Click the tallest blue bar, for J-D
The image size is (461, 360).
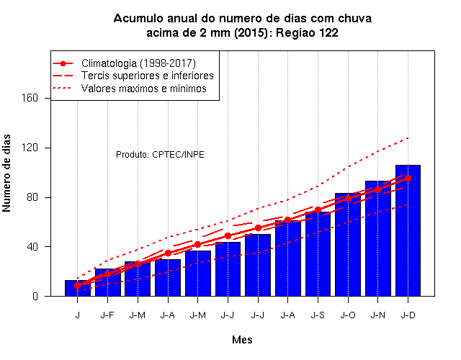point(408,230)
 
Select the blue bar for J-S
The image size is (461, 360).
point(318,254)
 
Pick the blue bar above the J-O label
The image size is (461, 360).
point(348,245)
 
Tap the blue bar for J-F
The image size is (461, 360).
point(107,282)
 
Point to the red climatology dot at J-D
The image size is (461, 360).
point(408,178)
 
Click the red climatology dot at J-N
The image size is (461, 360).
point(377,190)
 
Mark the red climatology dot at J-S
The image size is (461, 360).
point(318,210)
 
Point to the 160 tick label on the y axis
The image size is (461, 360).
point(30,98)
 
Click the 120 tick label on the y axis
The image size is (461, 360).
point(30,148)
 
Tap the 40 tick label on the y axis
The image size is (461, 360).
point(32,246)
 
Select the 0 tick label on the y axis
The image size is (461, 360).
point(35,296)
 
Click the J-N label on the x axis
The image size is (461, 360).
point(377,315)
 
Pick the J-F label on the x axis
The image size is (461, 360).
point(107,315)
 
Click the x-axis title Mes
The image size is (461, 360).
point(242,340)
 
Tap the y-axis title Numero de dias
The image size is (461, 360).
point(6,174)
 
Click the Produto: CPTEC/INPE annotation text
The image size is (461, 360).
point(160,155)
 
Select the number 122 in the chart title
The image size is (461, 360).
point(328,32)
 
